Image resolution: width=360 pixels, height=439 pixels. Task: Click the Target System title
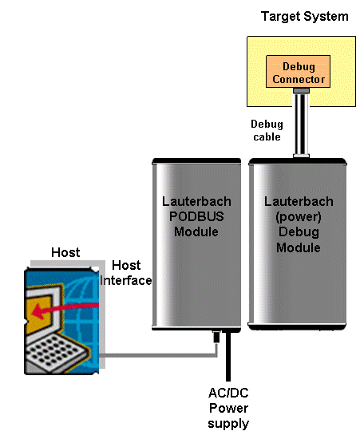304,16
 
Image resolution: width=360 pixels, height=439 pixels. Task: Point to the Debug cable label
266,131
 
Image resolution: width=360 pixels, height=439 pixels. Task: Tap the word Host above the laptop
65,253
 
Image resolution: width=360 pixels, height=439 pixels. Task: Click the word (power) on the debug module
298,217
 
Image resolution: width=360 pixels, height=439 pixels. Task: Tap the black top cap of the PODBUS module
196,160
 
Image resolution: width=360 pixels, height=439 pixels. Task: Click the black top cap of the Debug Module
299,160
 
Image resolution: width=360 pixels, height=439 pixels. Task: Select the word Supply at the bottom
228,423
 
